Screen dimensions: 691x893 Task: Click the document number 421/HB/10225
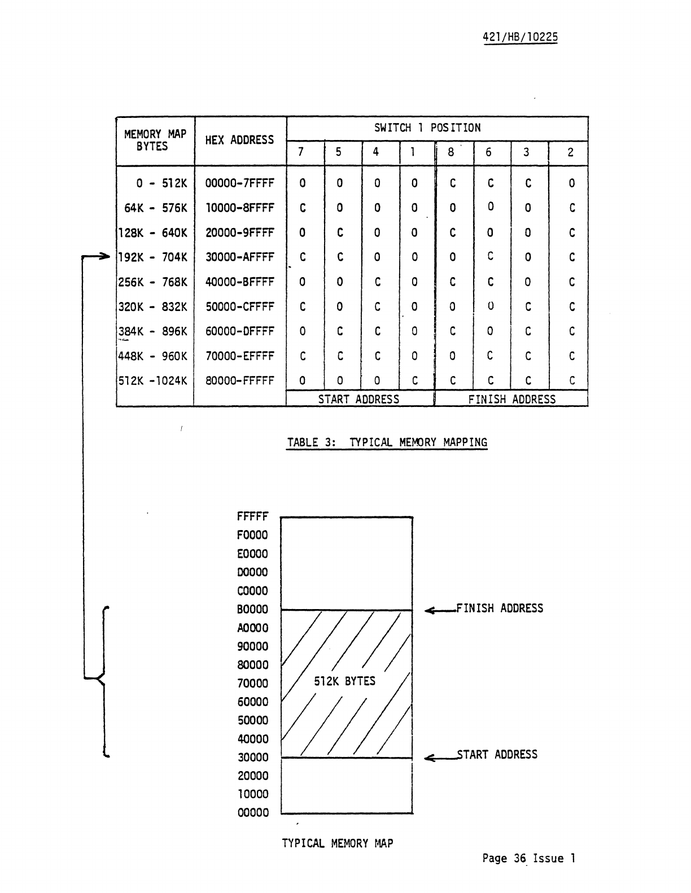[x=520, y=37]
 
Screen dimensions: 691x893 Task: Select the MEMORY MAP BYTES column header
[x=155, y=140]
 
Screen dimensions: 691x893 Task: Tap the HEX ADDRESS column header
[x=239, y=140]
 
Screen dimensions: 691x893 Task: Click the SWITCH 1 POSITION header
[x=427, y=128]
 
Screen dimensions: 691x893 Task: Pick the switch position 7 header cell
[x=301, y=152]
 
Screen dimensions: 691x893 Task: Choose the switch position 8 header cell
[x=451, y=152]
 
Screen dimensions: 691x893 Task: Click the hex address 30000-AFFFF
[x=239, y=257]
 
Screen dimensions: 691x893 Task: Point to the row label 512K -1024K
[x=152, y=381]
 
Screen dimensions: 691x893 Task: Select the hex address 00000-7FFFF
[x=239, y=183]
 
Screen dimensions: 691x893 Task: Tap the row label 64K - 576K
[x=155, y=208]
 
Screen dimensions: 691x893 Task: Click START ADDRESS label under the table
[x=358, y=400]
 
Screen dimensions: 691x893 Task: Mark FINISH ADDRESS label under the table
[x=511, y=400]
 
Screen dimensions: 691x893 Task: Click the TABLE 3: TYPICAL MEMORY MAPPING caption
[x=387, y=443]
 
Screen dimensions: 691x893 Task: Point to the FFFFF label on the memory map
[x=252, y=516]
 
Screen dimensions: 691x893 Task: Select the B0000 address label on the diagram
[x=252, y=610]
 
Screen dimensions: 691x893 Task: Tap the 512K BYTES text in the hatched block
[x=344, y=681]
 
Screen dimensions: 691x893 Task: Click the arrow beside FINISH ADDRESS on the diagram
[x=439, y=610]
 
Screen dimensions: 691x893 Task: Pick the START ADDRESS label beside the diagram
[x=497, y=755]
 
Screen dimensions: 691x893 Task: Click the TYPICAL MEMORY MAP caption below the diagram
[x=338, y=843]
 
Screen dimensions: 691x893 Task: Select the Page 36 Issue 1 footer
[x=528, y=859]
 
